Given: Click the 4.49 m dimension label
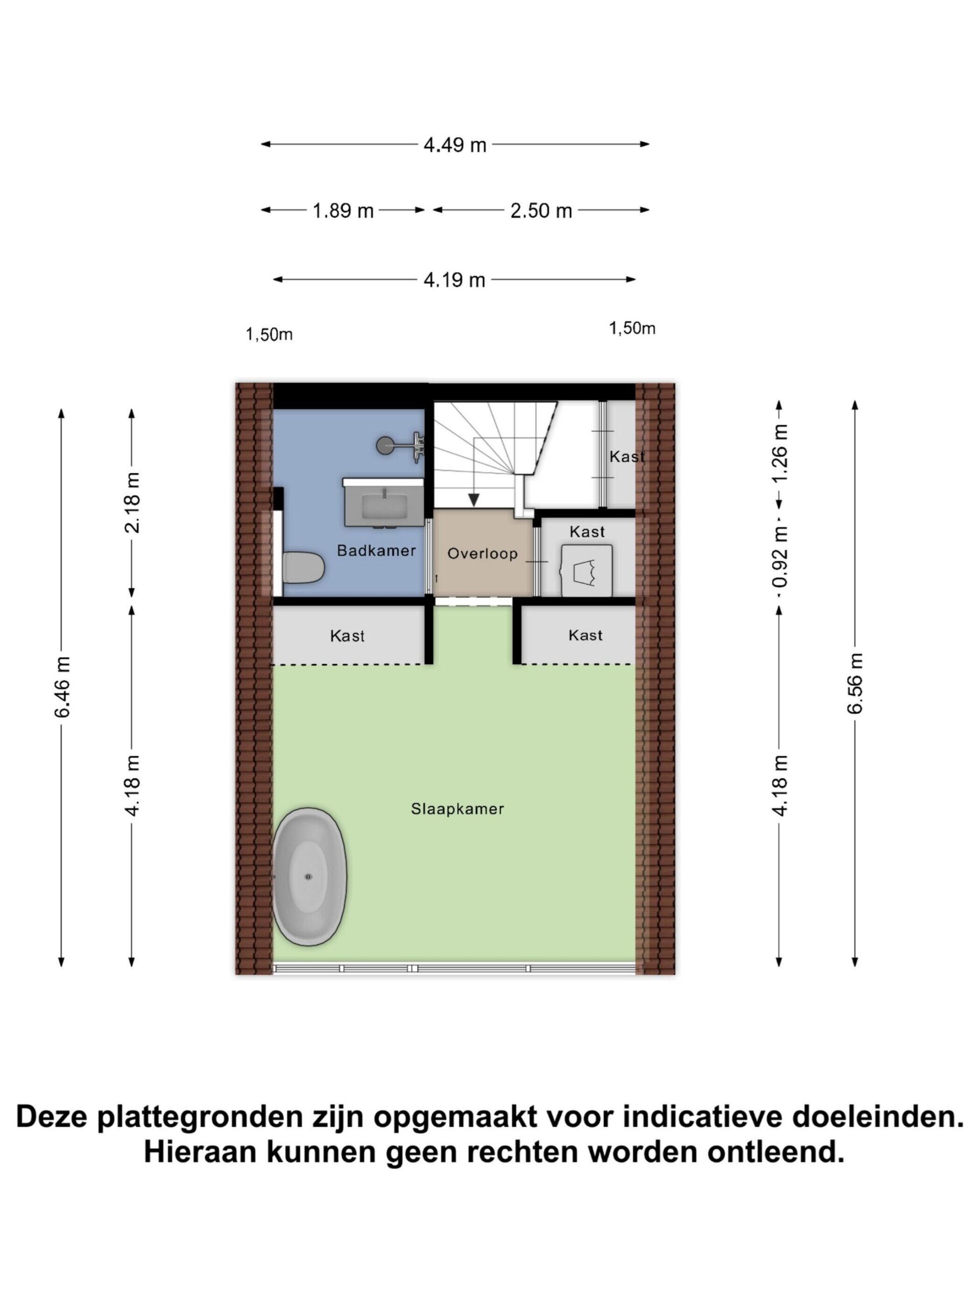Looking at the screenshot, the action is pyautogui.click(x=454, y=144).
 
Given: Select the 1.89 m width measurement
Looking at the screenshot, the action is pyautogui.click(x=343, y=210).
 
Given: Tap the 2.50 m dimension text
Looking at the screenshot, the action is pyautogui.click(x=541, y=210).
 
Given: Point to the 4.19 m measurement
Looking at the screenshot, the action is pyautogui.click(x=454, y=279).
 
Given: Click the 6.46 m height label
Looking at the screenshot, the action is pyautogui.click(x=62, y=687).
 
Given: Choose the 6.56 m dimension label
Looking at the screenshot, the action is pyautogui.click(x=855, y=683).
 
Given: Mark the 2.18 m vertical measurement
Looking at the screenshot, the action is pyautogui.click(x=132, y=503).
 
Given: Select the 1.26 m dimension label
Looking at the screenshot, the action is pyautogui.click(x=780, y=453).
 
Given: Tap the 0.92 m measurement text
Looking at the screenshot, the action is pyautogui.click(x=780, y=558).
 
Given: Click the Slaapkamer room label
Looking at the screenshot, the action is pyautogui.click(x=457, y=809).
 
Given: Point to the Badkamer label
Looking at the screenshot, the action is pyautogui.click(x=376, y=550).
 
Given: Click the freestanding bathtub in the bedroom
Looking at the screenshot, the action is pyautogui.click(x=309, y=877).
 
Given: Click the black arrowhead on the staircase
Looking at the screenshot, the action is pyautogui.click(x=474, y=499).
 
